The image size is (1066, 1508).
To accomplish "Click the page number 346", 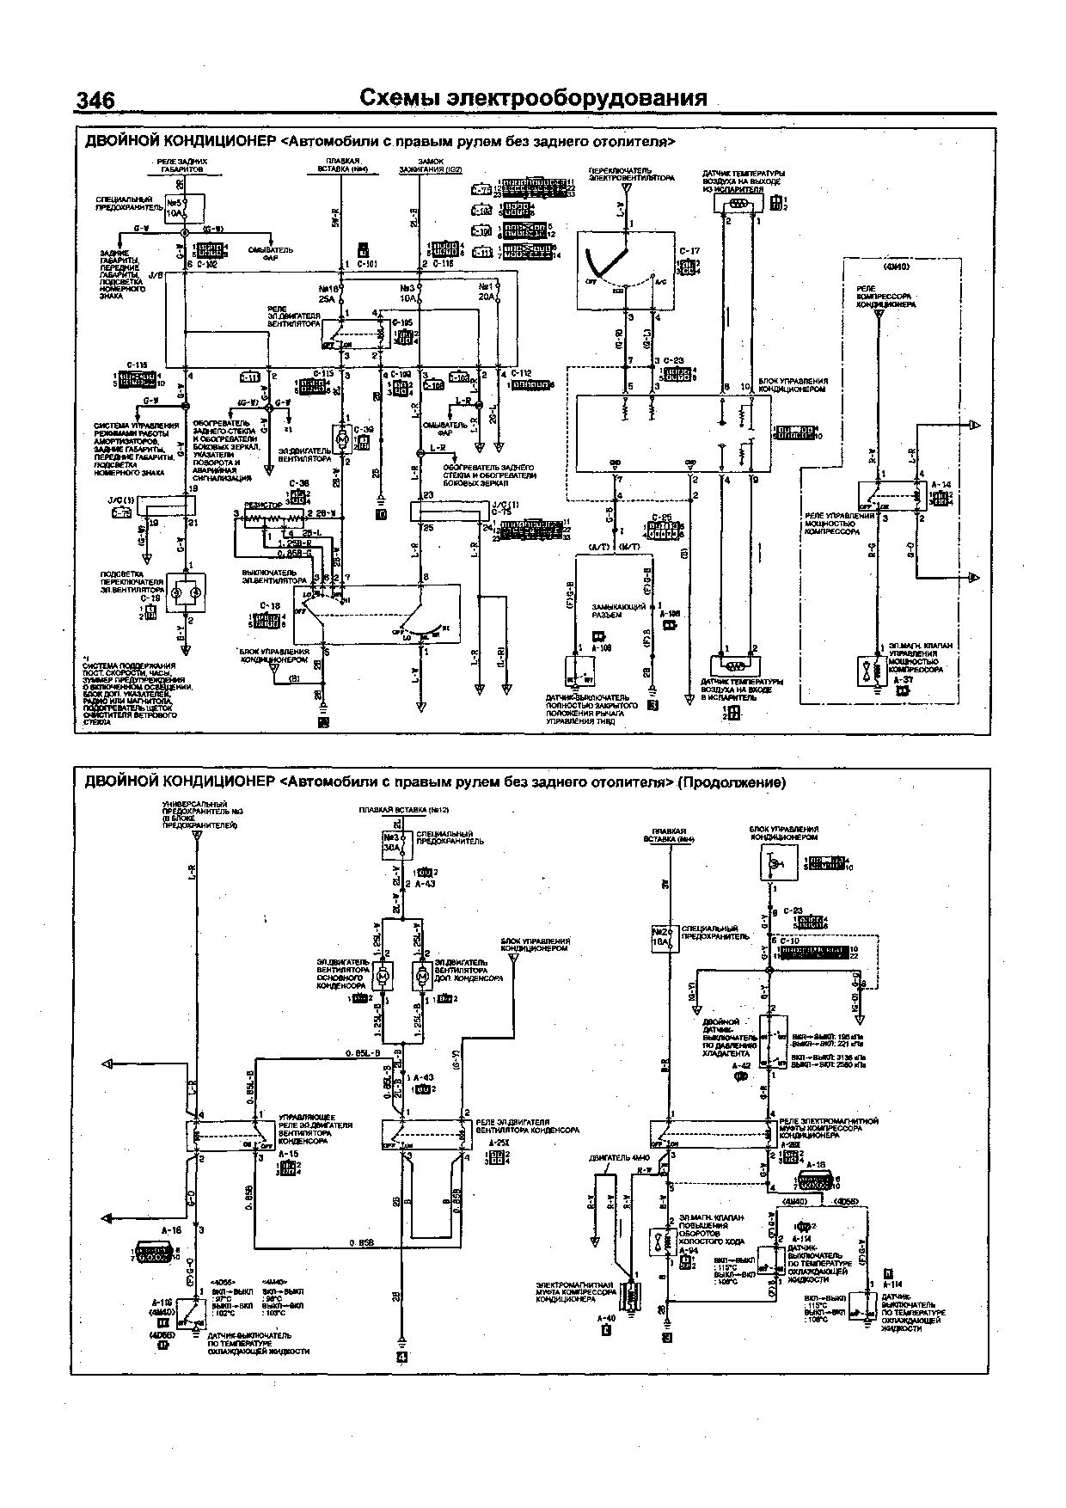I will point(95,101).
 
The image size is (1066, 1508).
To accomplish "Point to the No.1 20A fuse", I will point(488,292).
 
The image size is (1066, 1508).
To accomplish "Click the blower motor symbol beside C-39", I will point(342,439).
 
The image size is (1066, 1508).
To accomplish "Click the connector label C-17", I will point(689,251).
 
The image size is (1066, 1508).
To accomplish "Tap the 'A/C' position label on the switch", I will point(659,281).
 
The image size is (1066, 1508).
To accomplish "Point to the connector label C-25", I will point(661,518).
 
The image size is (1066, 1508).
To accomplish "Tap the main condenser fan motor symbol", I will point(384,976).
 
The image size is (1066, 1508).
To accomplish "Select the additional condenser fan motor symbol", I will point(423,976).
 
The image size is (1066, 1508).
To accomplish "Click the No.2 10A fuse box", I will point(661,937).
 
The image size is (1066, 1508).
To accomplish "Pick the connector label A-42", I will point(740,1065).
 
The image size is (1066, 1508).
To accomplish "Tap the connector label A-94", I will point(687,1250).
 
